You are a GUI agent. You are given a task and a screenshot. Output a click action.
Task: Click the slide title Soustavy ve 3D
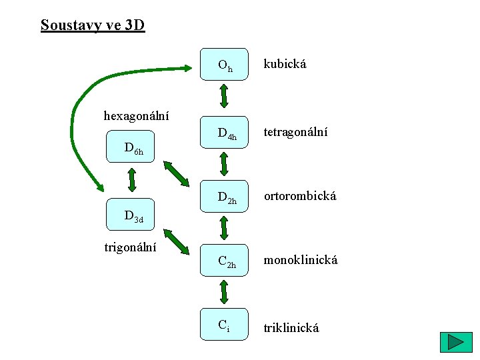click(92, 25)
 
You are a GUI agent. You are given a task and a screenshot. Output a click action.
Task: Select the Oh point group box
click(225, 65)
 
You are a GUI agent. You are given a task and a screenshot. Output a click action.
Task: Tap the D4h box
click(225, 134)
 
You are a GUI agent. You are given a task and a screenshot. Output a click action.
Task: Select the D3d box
click(131, 215)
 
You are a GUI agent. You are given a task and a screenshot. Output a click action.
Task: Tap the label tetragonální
click(296, 133)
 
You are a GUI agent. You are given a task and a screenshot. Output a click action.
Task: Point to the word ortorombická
click(300, 196)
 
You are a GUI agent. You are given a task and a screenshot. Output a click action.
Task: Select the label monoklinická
click(301, 260)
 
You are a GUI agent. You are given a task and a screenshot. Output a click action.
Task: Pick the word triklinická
click(291, 327)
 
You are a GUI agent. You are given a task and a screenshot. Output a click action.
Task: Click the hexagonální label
click(136, 116)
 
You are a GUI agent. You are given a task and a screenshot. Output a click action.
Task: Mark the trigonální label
click(131, 247)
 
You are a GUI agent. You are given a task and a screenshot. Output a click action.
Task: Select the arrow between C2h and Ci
click(225, 292)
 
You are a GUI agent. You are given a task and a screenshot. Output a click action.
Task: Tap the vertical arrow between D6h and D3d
click(132, 179)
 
